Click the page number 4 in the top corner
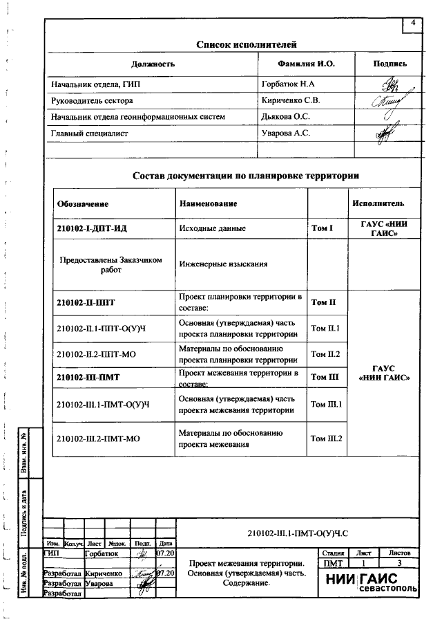pos(413,24)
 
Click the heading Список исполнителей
pos(247,45)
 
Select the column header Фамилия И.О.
pos(306,64)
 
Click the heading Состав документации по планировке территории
pos(246,176)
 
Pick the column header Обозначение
pos(83,204)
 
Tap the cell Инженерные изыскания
pos(223,264)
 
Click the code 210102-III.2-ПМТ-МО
pos(98,439)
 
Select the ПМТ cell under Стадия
pos(333,564)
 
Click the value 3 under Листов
pos(399,564)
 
